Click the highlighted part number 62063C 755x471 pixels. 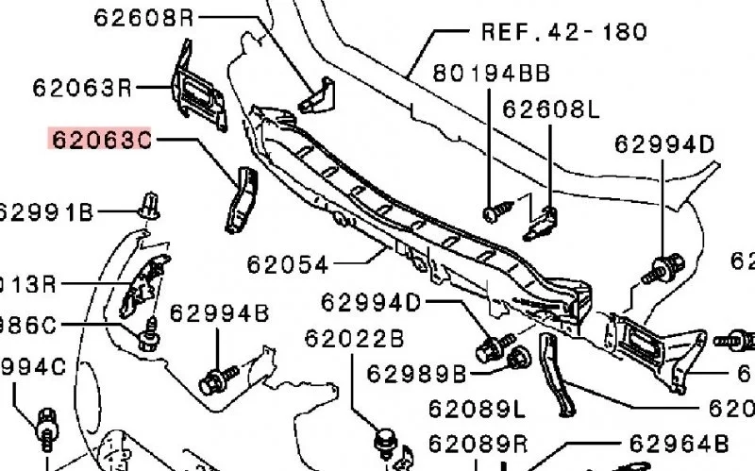tap(100, 140)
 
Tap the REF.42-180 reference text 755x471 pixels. tap(564, 31)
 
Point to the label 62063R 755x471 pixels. tap(82, 89)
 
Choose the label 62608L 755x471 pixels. tap(550, 110)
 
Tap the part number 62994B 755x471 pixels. tap(219, 312)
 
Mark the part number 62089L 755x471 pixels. tap(477, 409)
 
